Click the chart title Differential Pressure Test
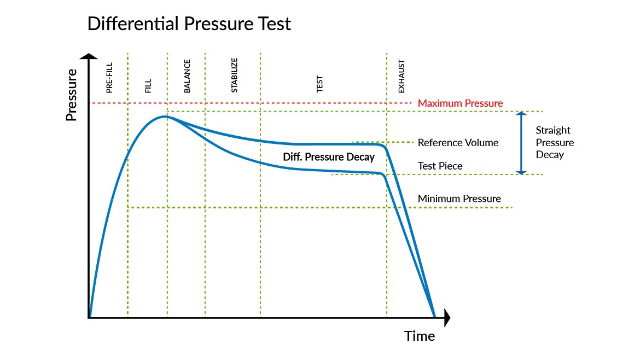click(189, 24)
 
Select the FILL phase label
click(148, 86)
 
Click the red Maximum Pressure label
click(460, 103)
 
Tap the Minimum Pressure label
click(459, 199)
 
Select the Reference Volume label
click(458, 143)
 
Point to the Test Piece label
click(440, 166)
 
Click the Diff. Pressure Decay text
click(328, 157)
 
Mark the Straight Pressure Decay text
click(554, 142)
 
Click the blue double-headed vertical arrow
click(521, 143)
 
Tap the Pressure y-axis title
click(72, 95)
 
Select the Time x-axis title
click(420, 336)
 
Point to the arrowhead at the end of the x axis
click(447, 317)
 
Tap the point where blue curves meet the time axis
click(434, 317)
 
